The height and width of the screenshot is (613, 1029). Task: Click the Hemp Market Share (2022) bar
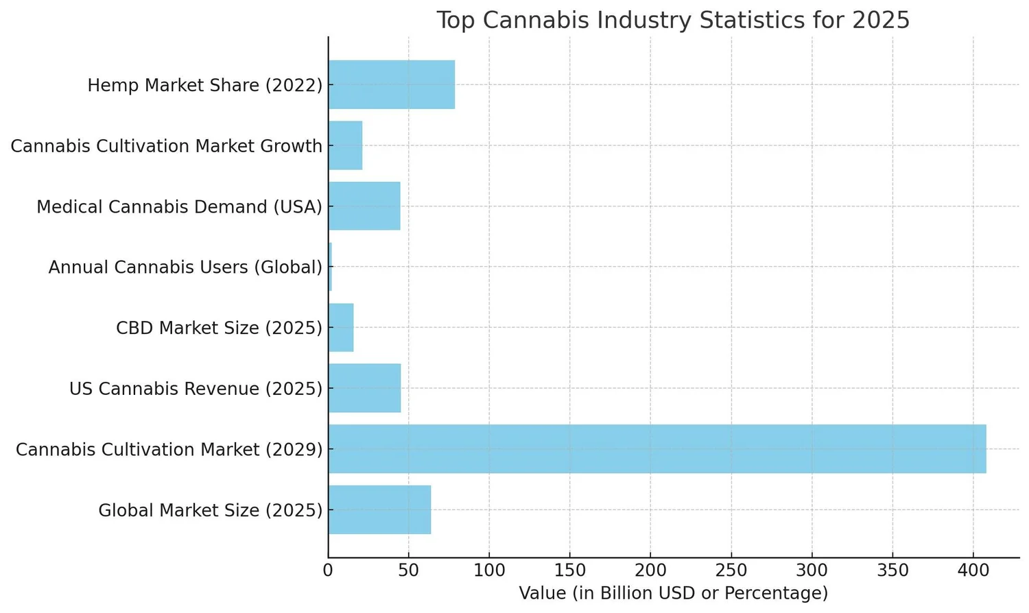coord(391,84)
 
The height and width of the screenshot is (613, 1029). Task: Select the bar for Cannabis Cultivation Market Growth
coord(345,145)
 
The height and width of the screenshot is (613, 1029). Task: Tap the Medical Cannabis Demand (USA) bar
coord(364,206)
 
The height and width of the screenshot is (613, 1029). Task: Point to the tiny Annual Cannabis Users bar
coord(330,267)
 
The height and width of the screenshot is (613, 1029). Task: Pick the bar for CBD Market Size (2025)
coord(341,328)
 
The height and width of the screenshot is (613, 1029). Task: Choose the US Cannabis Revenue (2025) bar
coord(364,388)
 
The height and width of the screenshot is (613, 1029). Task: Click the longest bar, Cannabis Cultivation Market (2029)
coord(657,449)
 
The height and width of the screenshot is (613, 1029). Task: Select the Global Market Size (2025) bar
coord(379,509)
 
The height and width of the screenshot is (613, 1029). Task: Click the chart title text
coord(672,21)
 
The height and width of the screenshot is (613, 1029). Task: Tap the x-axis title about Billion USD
coord(673,593)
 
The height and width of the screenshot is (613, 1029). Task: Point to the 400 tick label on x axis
coord(973,570)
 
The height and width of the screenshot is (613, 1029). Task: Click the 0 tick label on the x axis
coord(329,570)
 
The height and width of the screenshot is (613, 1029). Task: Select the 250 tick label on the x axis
coord(731,570)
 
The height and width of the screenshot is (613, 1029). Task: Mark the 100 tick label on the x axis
coord(489,570)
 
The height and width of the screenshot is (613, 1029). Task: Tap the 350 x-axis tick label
coord(892,570)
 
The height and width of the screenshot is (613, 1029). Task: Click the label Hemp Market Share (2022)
coord(204,86)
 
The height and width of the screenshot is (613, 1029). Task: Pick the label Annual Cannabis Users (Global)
coord(185,267)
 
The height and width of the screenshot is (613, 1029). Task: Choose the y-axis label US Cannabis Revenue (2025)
coord(196,389)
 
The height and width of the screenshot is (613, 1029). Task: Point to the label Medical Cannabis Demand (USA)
coord(179,207)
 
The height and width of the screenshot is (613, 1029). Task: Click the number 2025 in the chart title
coord(881,21)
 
